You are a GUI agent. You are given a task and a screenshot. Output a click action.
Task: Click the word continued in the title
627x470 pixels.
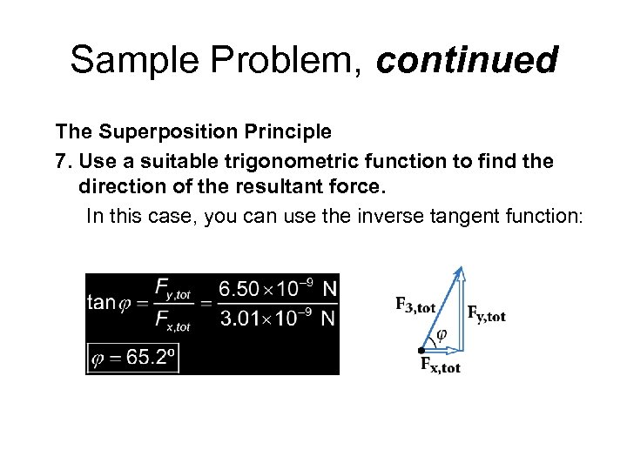[x=467, y=61]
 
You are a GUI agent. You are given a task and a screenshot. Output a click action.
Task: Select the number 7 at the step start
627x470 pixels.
[x=61, y=162]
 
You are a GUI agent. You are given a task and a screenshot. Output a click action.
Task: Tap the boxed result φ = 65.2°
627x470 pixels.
[x=133, y=357]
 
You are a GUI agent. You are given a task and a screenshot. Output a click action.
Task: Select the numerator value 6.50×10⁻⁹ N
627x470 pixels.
[x=277, y=288]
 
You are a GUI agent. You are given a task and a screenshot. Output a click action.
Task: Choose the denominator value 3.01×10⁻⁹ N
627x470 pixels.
[x=277, y=318]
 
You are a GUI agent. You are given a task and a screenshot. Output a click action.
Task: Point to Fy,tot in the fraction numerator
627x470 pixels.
[x=172, y=288]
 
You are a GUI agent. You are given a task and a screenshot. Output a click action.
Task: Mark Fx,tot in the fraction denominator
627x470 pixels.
[x=172, y=319]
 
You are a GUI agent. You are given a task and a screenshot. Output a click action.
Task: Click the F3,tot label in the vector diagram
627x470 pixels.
[x=415, y=305]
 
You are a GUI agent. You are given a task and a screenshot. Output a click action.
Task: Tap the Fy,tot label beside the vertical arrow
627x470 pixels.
[x=486, y=313]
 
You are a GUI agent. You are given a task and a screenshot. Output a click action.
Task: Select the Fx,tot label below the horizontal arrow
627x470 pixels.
[x=440, y=366]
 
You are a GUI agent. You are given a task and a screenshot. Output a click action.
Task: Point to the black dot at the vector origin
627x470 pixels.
[x=421, y=350]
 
